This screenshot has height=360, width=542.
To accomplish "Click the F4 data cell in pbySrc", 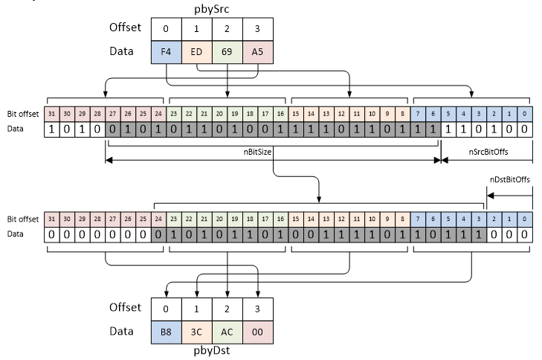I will [166, 54].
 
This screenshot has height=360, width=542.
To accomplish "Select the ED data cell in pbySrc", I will [196, 54].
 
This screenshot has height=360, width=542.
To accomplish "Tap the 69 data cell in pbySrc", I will [227, 54].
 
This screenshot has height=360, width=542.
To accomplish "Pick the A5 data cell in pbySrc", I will [257, 54].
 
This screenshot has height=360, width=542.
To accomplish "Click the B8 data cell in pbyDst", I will [166, 328].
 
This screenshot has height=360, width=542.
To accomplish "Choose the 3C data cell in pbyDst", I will [196, 328].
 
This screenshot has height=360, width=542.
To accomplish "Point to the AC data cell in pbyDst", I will [227, 328].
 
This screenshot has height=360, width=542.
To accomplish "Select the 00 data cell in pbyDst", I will [257, 328].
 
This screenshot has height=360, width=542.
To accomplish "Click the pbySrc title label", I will [211, 8].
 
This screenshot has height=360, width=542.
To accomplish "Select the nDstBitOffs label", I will [509, 180].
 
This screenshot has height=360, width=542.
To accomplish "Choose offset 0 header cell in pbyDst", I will [166, 306].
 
